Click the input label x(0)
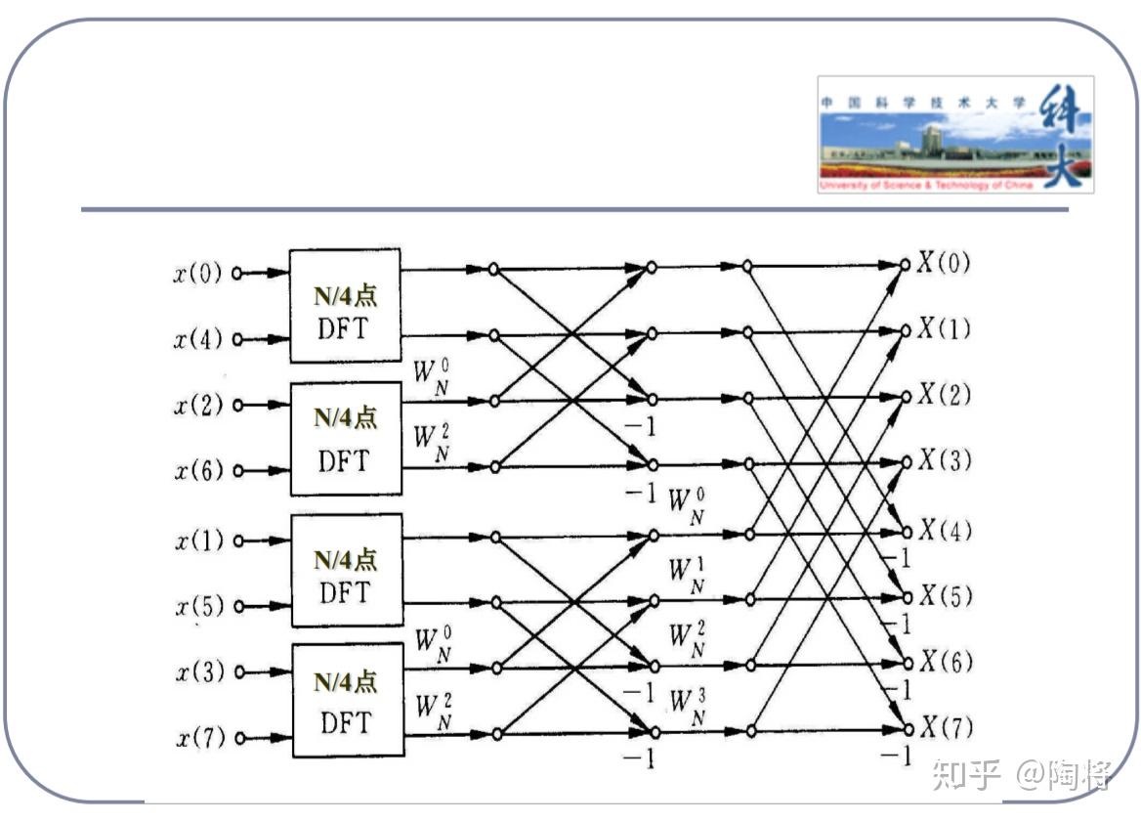click(198, 274)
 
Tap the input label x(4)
click(198, 340)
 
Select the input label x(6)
click(198, 471)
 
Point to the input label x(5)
click(199, 606)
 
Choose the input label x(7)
click(199, 738)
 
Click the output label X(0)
click(943, 263)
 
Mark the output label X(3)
click(943, 460)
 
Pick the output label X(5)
click(943, 596)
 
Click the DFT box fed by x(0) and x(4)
click(344, 306)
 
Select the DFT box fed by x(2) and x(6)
click(345, 438)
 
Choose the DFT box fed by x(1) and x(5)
click(346, 570)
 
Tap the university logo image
click(954, 134)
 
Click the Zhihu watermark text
click(1022, 775)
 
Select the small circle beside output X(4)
click(907, 533)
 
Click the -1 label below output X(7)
click(895, 755)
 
